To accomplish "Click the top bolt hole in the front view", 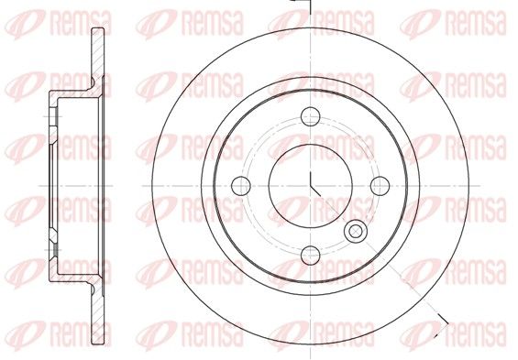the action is (311, 116).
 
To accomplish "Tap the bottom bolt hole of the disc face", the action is (311, 255).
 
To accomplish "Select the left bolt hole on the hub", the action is (241, 186).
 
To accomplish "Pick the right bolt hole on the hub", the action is (380, 186).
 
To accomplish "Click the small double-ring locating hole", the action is (356, 231).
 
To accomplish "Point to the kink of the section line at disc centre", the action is (311, 186).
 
